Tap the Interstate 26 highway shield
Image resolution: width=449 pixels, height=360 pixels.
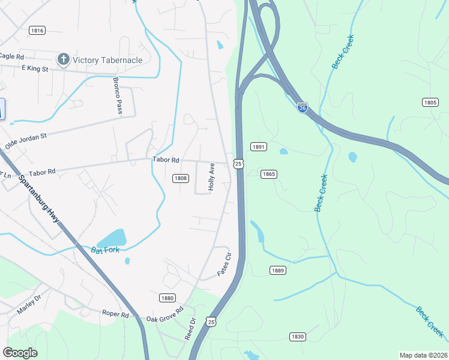[303, 107]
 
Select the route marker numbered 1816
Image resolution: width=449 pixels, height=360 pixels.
[37, 31]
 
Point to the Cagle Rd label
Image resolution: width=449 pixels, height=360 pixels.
[11, 56]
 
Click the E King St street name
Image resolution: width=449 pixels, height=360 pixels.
[34, 69]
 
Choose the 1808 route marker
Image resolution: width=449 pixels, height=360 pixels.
[180, 178]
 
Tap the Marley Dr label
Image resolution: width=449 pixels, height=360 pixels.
[29, 307]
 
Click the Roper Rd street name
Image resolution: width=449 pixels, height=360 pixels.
[115, 314]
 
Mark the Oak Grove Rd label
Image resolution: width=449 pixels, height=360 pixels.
[163, 319]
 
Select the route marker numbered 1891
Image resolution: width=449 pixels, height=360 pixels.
[259, 147]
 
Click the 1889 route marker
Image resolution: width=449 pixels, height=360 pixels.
[277, 271]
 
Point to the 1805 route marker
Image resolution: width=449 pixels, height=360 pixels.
[430, 103]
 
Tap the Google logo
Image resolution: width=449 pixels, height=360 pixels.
[20, 353]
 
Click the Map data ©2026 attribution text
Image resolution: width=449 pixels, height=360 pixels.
[423, 355]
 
